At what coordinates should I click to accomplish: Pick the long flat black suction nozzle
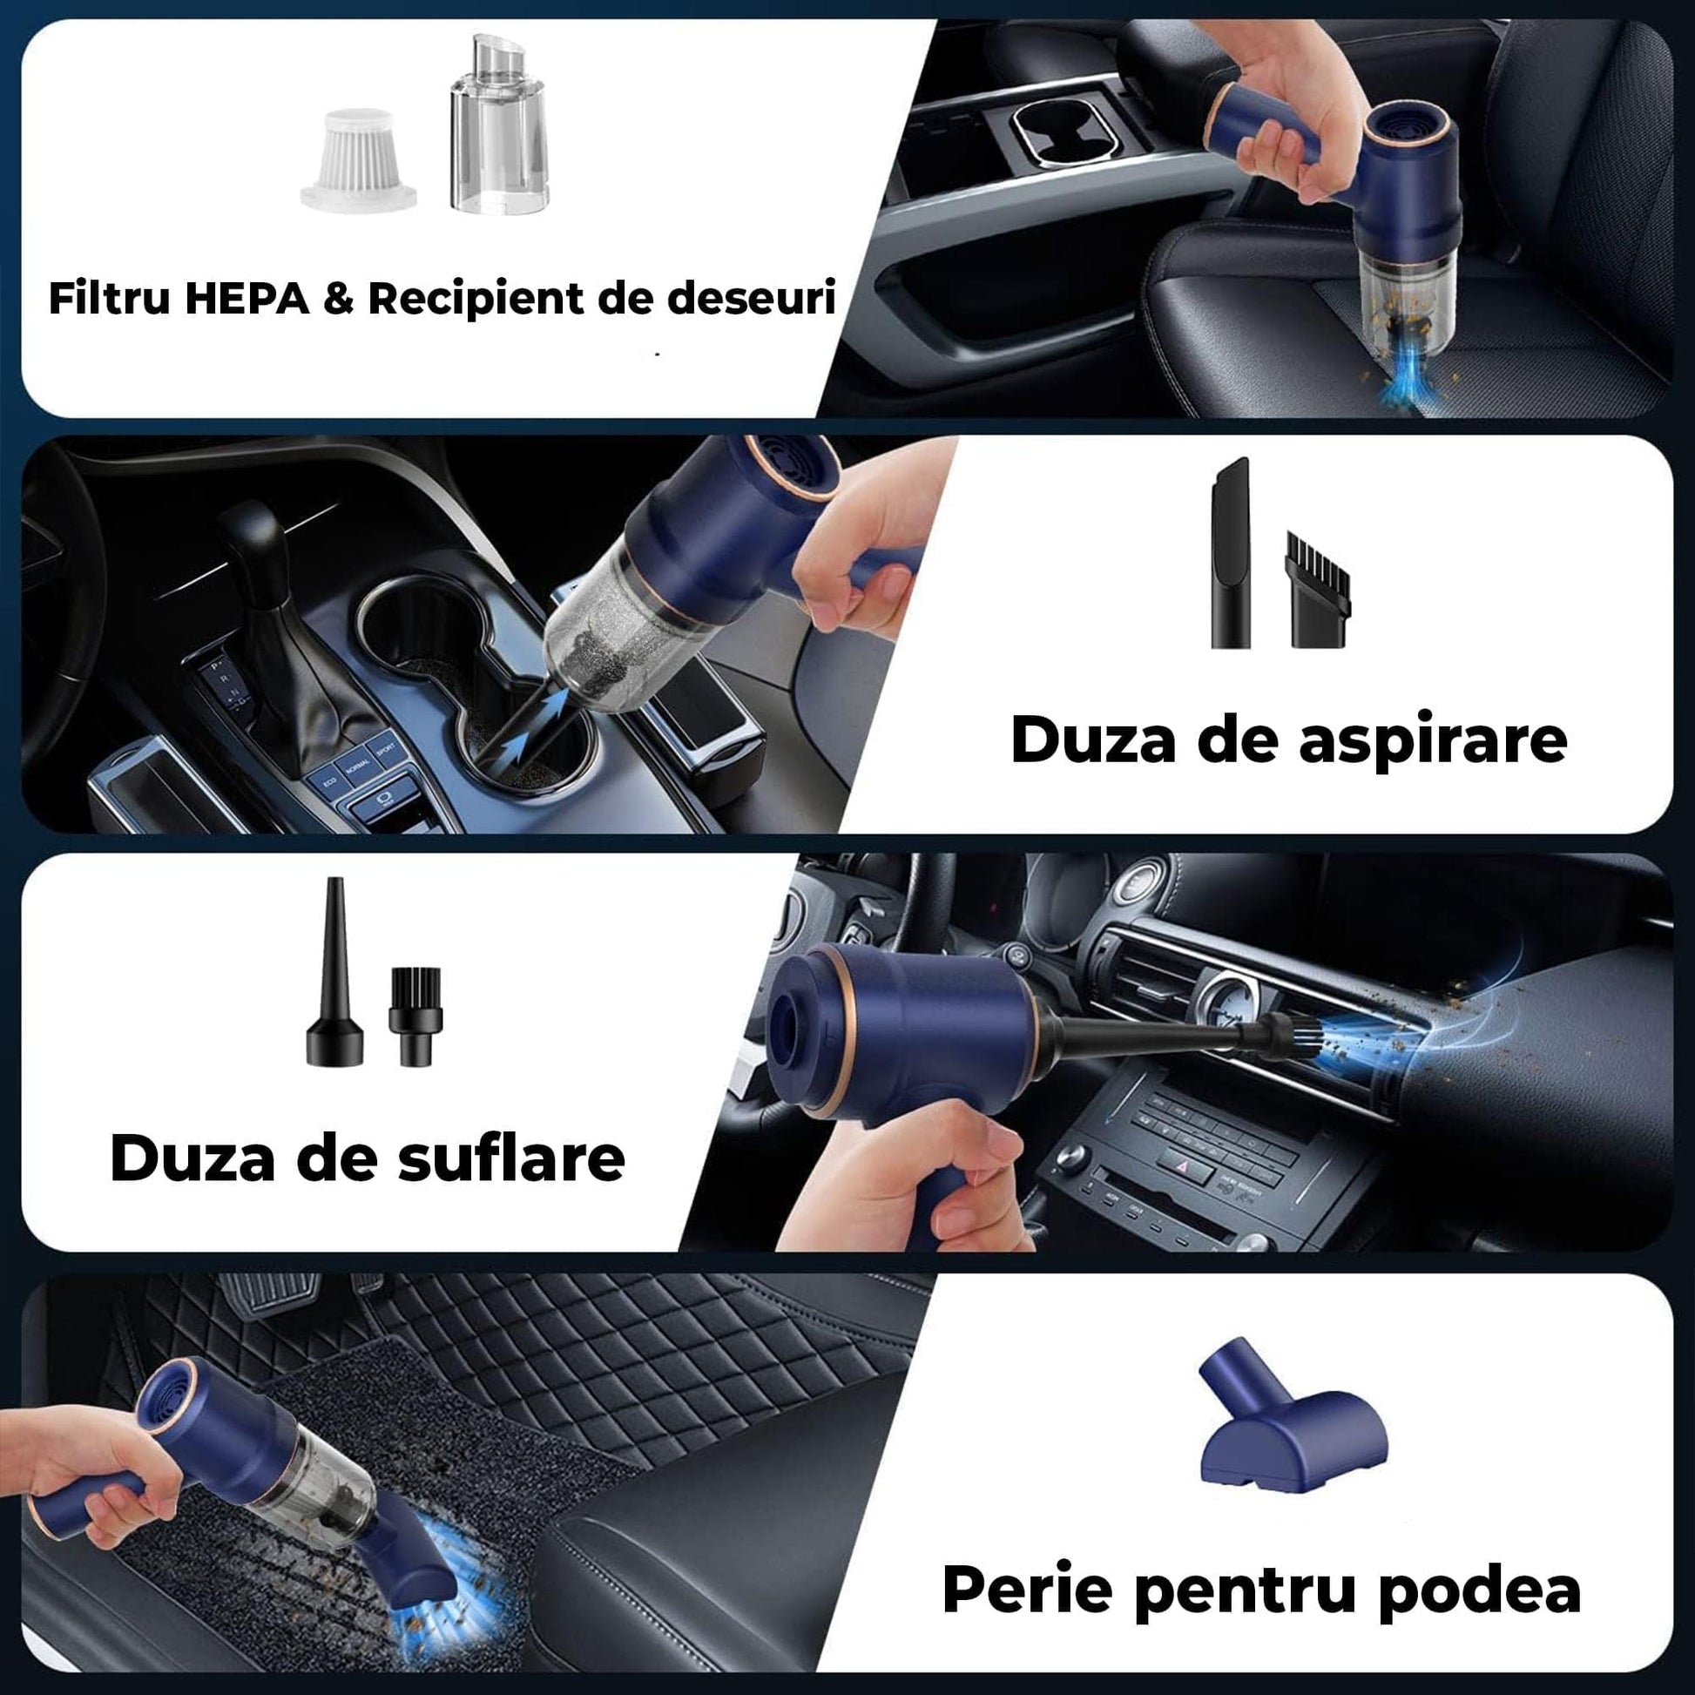tap(1232, 553)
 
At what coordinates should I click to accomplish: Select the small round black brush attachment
tap(415, 1016)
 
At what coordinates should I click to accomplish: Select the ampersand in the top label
tap(340, 299)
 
